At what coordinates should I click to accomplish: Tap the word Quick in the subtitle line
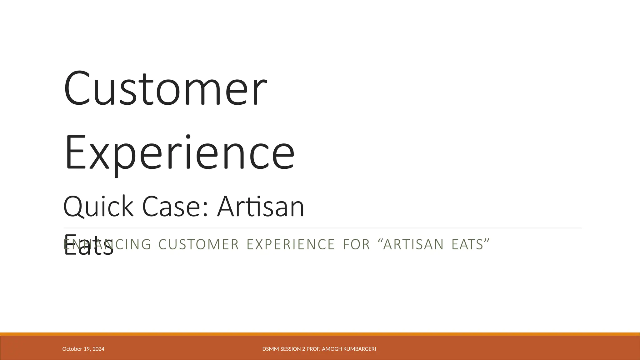click(x=98, y=207)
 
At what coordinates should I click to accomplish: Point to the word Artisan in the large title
click(x=261, y=207)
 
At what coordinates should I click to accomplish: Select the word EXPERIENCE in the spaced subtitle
click(x=291, y=244)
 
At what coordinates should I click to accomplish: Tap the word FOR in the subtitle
click(x=357, y=244)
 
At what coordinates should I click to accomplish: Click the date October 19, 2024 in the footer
click(x=83, y=349)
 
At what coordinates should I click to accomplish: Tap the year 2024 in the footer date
click(x=98, y=349)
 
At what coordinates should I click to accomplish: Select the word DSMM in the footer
click(x=269, y=349)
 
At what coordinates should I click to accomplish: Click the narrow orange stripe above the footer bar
click(x=320, y=334)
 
